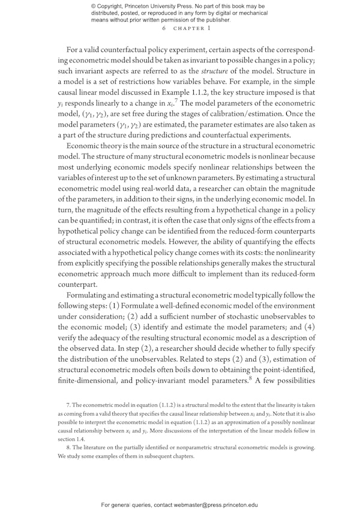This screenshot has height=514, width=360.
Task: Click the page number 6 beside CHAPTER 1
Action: click(x=164, y=28)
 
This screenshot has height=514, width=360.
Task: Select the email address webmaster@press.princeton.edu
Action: click(x=230, y=506)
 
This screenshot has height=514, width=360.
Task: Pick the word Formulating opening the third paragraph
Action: click(x=92, y=295)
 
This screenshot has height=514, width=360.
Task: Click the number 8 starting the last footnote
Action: click(x=68, y=447)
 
